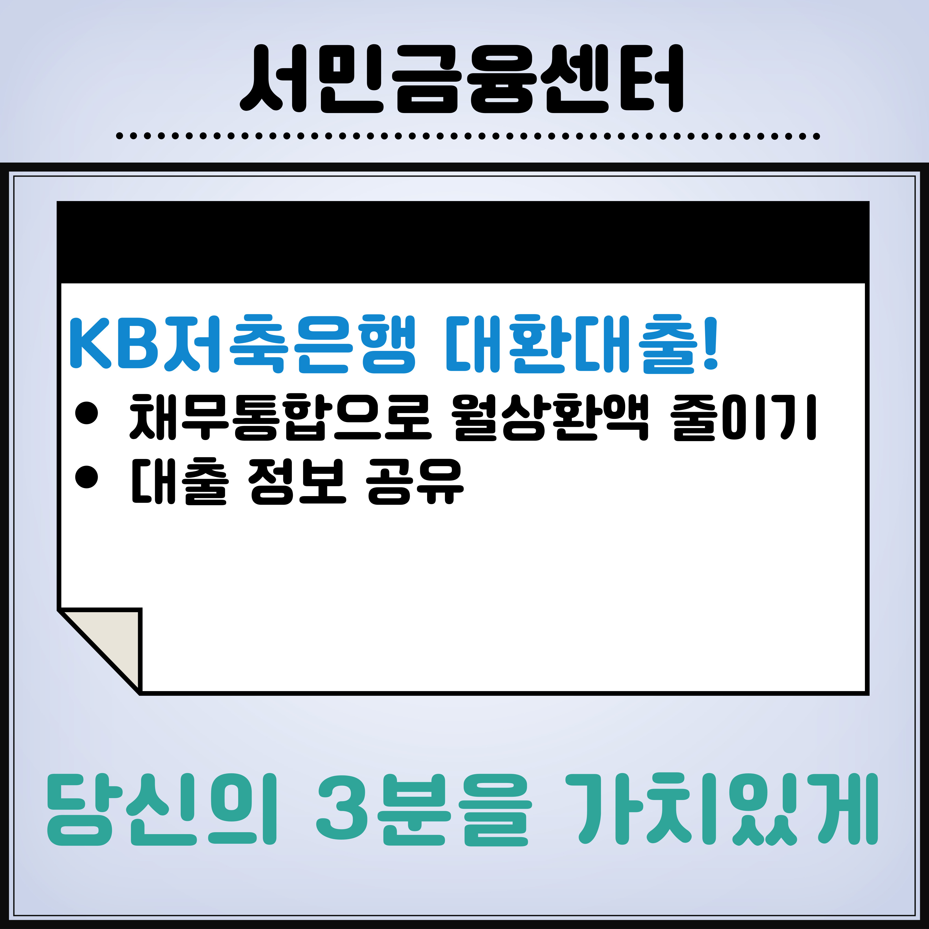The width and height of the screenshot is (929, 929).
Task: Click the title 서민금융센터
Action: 462,79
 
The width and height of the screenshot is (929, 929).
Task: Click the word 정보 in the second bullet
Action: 297,481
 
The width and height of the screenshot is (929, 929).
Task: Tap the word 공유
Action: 414,481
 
